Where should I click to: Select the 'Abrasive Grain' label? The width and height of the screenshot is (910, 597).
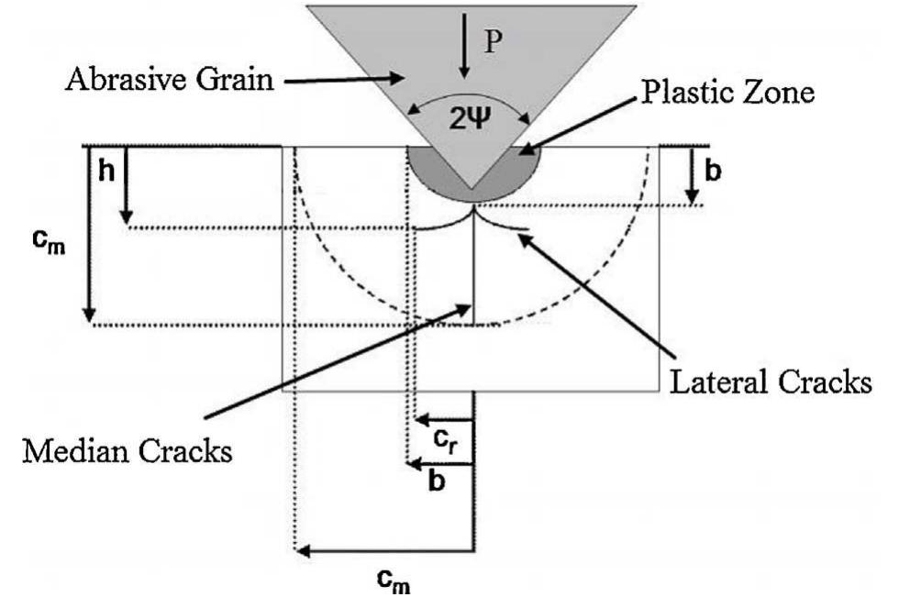pos(170,80)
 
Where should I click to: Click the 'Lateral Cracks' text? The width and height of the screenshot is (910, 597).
pos(770,382)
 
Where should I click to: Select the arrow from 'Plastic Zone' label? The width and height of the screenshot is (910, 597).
pos(568,123)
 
